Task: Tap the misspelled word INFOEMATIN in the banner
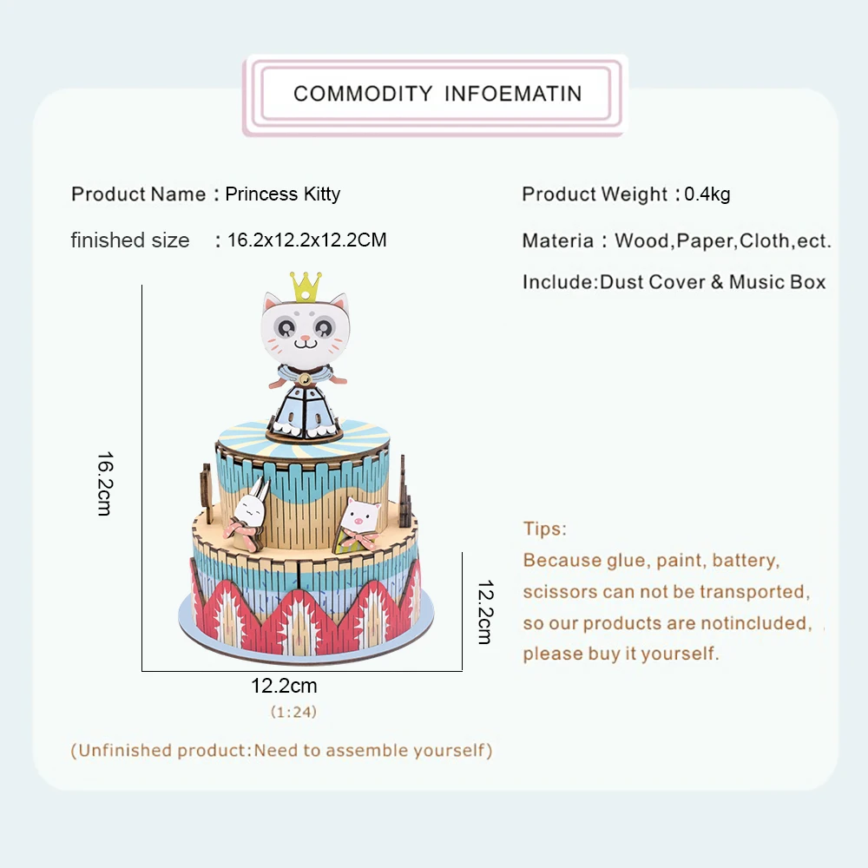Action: pyautogui.click(x=513, y=94)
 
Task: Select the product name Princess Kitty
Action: pyautogui.click(x=283, y=194)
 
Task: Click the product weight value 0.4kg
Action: pyautogui.click(x=707, y=194)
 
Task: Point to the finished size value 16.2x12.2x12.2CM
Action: pyautogui.click(x=307, y=240)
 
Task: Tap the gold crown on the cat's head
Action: pyautogui.click(x=305, y=286)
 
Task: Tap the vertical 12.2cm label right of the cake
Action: pyautogui.click(x=484, y=611)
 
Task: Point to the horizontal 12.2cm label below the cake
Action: pyautogui.click(x=285, y=686)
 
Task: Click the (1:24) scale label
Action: pyautogui.click(x=293, y=712)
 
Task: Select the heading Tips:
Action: pyautogui.click(x=545, y=529)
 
